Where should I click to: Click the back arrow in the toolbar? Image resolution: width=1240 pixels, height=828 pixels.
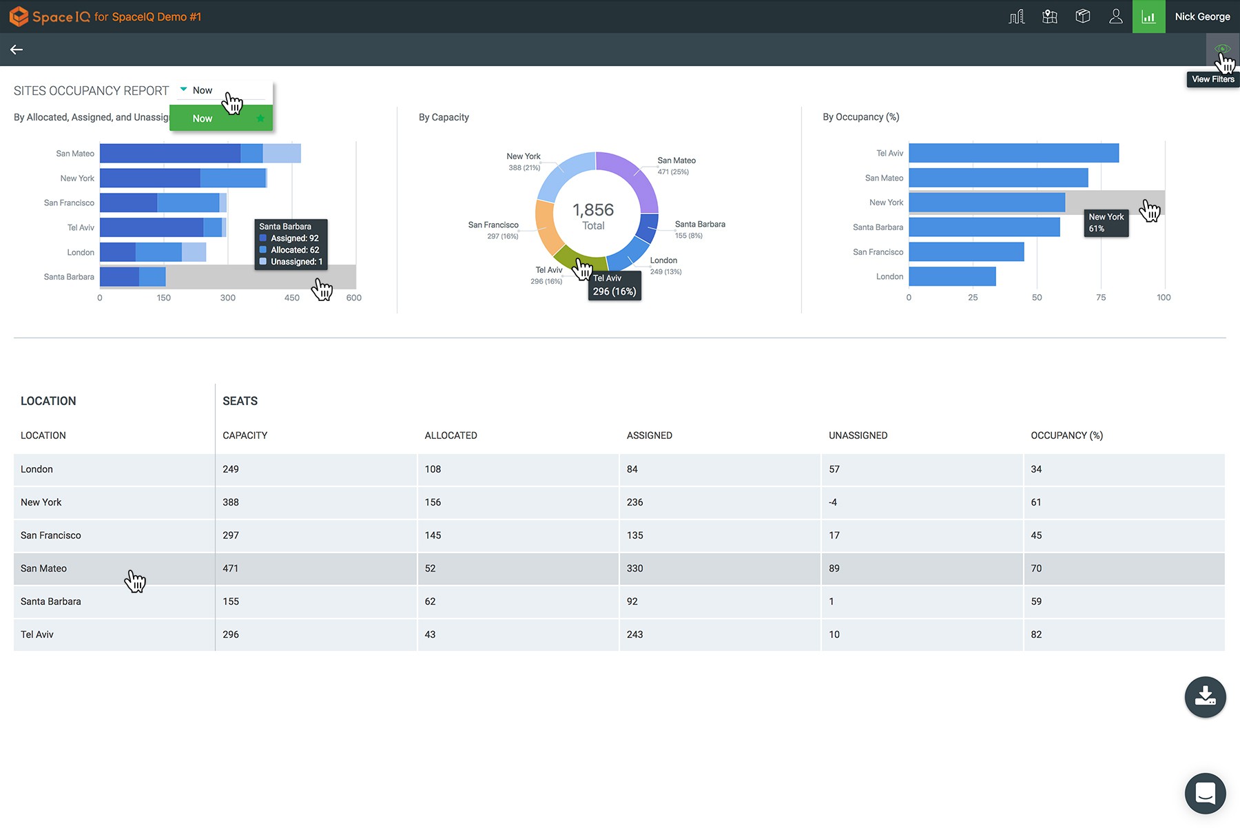17,50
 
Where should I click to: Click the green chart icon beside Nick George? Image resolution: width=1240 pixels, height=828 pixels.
1148,17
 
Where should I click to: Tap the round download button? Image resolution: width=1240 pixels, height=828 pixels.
1205,696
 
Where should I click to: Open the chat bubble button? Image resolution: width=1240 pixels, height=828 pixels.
1205,793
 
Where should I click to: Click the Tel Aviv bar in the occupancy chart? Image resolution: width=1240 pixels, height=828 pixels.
1013,153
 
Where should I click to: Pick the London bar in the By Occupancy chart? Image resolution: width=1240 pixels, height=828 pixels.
952,276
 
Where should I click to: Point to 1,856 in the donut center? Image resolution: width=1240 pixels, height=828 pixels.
593,210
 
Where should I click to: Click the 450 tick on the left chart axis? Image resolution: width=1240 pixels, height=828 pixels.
291,298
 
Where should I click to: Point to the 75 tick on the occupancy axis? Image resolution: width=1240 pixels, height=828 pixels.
1101,298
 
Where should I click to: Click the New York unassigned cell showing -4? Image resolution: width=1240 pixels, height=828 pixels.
833,502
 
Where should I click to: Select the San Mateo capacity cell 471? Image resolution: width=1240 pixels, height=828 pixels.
231,568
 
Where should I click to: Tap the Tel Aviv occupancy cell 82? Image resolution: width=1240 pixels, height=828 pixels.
1036,634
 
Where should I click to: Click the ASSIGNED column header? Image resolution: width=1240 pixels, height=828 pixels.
649,435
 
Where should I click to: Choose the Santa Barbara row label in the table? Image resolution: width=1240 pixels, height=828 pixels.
51,601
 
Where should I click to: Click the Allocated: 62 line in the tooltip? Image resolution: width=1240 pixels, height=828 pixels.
294,250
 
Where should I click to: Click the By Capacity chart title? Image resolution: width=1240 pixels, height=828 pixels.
444,117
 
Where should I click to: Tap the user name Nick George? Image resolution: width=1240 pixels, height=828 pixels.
1202,17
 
